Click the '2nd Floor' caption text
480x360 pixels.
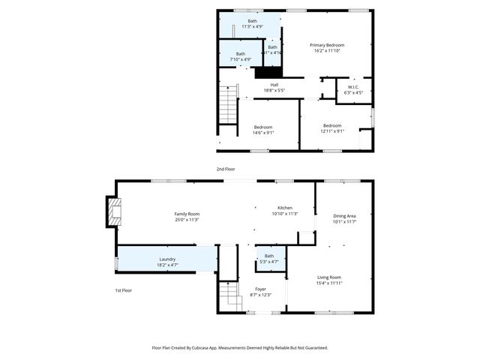point(226,169)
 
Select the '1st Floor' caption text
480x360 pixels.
point(124,289)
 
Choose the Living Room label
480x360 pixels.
point(329,280)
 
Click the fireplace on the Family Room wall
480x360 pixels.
point(112,211)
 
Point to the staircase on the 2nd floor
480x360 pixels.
point(227,104)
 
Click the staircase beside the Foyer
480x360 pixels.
point(227,295)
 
